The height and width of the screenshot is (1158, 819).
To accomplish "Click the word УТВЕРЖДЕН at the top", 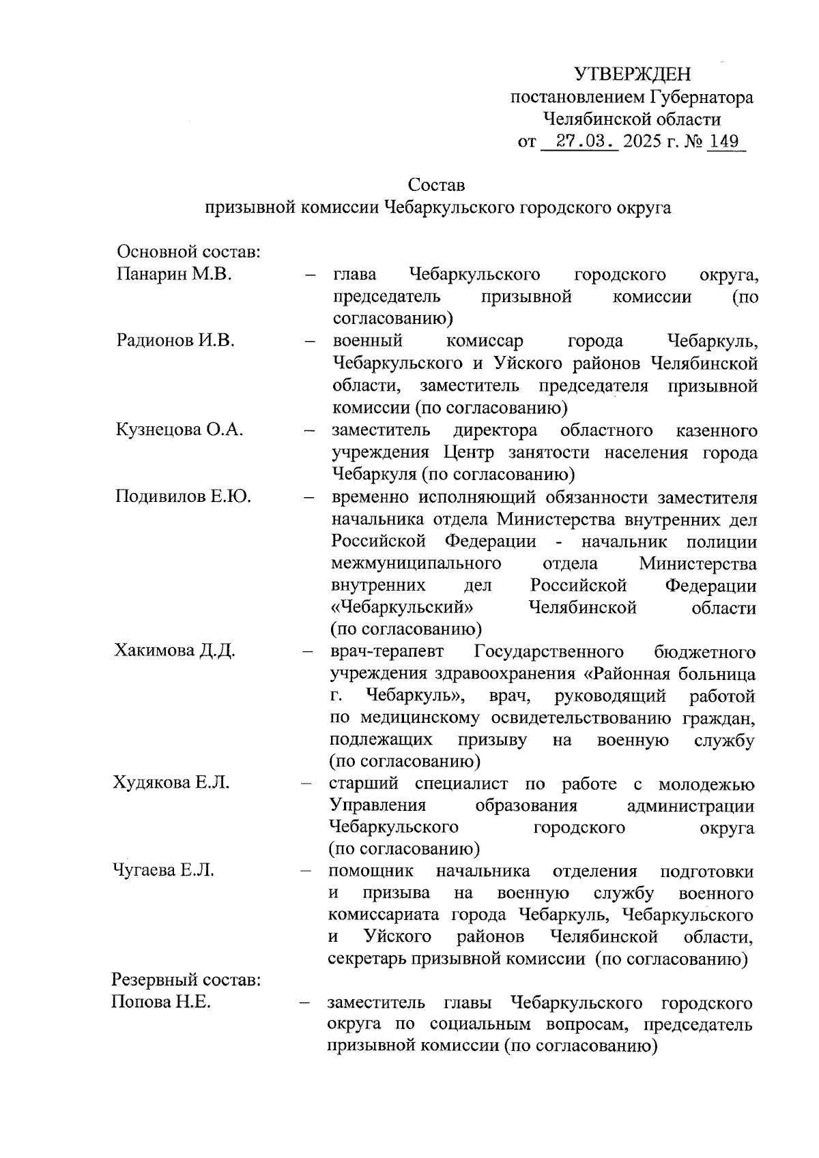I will (x=632, y=74).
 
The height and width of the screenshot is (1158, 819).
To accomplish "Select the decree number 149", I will (x=724, y=142).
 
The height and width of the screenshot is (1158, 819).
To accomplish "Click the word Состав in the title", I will (x=437, y=185).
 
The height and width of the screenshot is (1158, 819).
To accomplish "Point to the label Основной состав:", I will (x=190, y=252).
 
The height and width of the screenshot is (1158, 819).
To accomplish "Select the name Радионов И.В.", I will (x=175, y=341).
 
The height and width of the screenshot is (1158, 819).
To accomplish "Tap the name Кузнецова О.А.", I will (x=180, y=430).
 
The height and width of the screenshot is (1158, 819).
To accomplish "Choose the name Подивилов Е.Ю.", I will (x=183, y=496).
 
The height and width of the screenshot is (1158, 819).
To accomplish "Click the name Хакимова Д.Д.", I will (x=175, y=650).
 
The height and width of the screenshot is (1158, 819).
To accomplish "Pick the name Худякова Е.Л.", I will (x=171, y=782).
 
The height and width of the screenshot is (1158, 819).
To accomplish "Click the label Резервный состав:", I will (x=186, y=981).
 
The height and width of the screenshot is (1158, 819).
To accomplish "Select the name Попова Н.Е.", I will (x=162, y=1003).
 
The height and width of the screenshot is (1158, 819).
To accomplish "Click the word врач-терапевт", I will (x=386, y=651).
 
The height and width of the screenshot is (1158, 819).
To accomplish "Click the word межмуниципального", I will (x=416, y=563).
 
